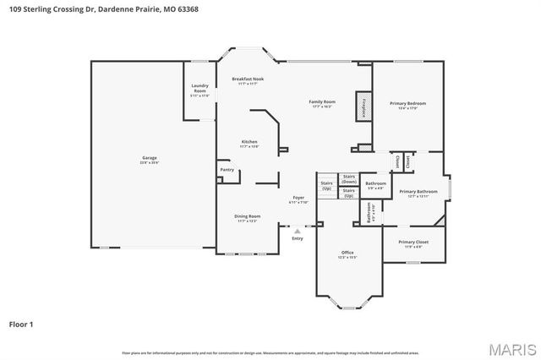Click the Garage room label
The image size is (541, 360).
(x=149, y=159)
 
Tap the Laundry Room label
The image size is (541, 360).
(x=199, y=87)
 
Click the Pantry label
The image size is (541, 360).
(x=227, y=169)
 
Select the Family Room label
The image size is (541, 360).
(x=322, y=103)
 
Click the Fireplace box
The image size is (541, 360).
(x=363, y=106)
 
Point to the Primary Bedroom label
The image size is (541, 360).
(x=407, y=105)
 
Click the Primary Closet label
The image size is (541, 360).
(x=414, y=244)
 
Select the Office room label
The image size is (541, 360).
(x=347, y=254)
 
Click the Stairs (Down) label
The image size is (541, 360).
(x=348, y=179)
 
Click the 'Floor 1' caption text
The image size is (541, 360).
(x=22, y=324)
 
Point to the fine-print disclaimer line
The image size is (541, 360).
(x=270, y=352)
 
